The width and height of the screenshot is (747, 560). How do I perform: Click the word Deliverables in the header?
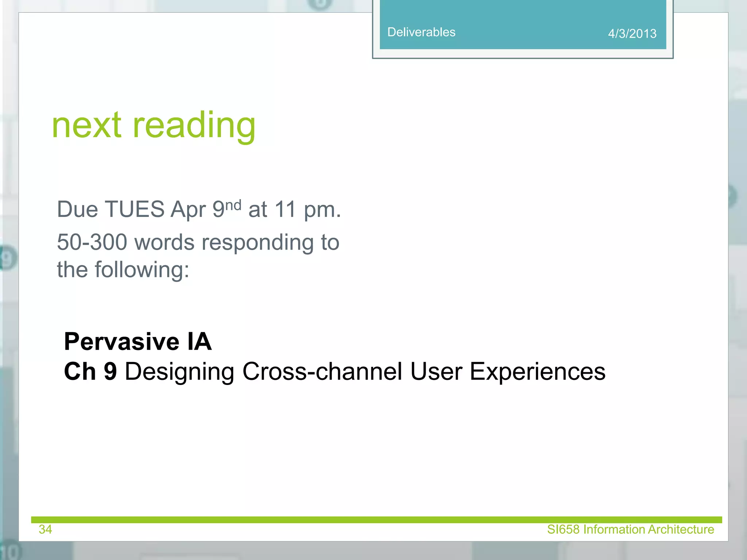pos(421,32)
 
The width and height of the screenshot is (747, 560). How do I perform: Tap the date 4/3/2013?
pos(632,34)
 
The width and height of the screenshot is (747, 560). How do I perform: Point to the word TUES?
pos(134,209)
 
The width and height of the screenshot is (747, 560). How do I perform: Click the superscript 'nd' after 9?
pos(233,205)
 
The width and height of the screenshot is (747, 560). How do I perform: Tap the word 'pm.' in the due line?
pos(322,210)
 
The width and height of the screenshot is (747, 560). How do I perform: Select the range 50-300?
pos(92,242)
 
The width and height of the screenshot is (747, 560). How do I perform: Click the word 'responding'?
pos(257,243)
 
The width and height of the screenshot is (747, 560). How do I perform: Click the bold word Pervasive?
pos(121,342)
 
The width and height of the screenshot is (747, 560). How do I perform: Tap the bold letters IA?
pos(199,342)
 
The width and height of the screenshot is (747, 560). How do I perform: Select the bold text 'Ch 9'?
pos(90,372)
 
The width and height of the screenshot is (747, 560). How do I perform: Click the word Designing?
pos(179,372)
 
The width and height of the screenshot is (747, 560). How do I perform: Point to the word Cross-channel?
pos(322,372)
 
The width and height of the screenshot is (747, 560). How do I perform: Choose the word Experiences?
pos(537,372)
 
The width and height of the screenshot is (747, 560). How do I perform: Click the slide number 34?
pos(45,529)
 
